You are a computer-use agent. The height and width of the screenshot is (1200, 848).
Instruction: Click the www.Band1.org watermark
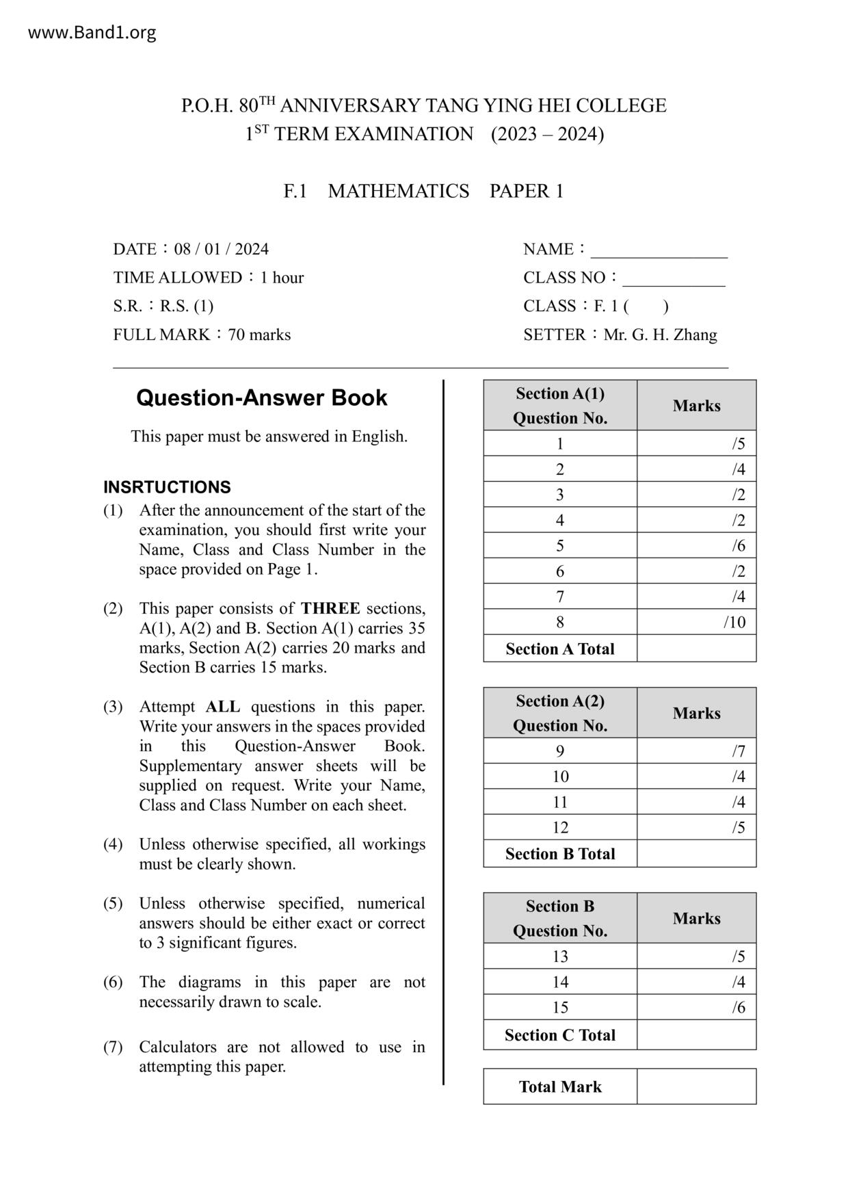click(92, 33)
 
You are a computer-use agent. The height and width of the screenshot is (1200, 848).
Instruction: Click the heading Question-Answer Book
click(261, 397)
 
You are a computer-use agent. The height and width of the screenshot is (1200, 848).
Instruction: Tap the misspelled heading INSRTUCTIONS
click(167, 487)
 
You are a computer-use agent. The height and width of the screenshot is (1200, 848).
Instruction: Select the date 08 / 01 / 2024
click(221, 249)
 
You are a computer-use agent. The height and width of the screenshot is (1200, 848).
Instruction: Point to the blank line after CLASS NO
click(673, 281)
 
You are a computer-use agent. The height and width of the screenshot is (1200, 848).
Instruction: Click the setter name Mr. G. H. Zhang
click(660, 335)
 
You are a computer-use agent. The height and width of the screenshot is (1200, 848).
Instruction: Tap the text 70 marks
click(259, 335)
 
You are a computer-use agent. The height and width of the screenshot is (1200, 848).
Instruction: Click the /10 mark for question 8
click(734, 622)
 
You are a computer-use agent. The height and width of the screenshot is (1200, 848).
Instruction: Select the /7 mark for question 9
click(739, 751)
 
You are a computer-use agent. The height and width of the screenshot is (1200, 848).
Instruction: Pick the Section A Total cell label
click(559, 649)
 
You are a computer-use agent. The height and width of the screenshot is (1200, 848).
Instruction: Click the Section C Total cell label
click(559, 1035)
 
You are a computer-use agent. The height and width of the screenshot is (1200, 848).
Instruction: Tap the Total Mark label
click(559, 1086)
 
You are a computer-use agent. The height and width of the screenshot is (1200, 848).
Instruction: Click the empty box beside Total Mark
click(696, 1086)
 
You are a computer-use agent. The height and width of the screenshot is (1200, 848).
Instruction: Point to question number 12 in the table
click(559, 828)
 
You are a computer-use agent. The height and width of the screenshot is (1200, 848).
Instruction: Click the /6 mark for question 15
click(739, 1007)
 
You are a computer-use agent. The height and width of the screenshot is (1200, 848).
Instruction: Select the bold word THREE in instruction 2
click(330, 608)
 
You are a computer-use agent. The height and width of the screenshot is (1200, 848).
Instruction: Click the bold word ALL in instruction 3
click(223, 707)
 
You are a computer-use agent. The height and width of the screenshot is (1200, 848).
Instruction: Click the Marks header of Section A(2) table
click(696, 713)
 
